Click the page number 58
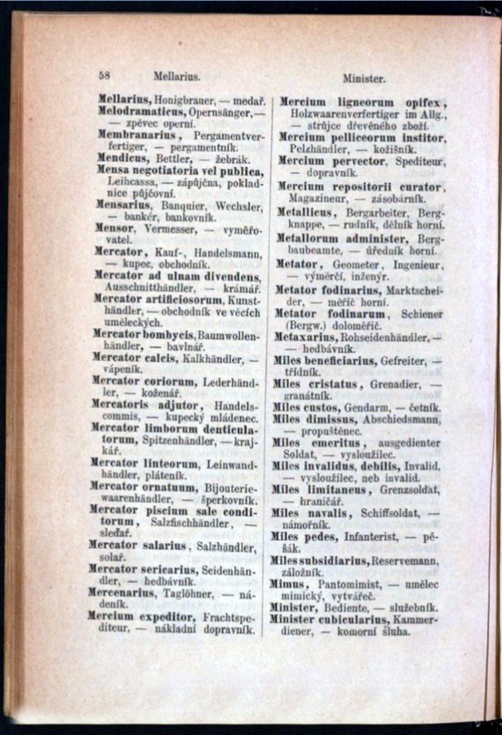(104, 73)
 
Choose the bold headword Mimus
(290, 585)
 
